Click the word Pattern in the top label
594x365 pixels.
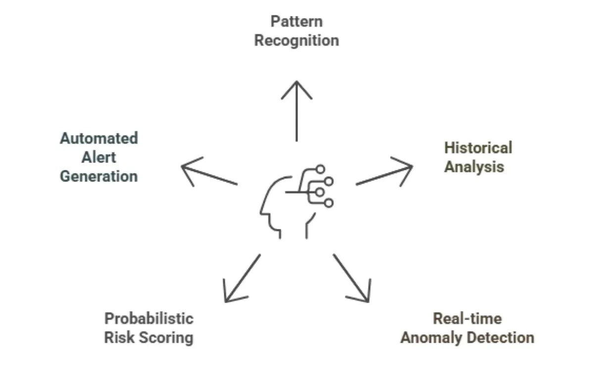297,21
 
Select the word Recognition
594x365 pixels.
297,41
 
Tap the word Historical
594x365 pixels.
478,148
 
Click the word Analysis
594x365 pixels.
474,167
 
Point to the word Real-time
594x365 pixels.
467,318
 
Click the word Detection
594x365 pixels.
502,338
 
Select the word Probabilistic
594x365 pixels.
148,318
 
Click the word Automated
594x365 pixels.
99,138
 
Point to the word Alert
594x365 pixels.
99,157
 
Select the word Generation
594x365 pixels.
99,176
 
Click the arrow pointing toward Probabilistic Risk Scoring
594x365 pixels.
242,278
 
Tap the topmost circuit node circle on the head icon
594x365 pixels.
321,169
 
